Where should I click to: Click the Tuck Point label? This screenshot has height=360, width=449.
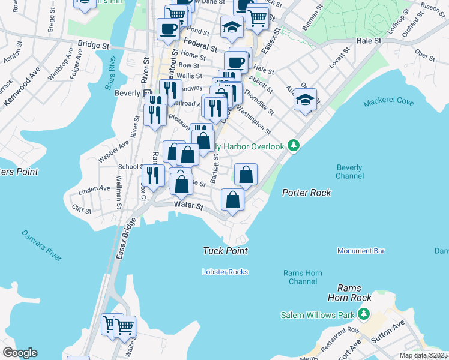(x=226, y=251)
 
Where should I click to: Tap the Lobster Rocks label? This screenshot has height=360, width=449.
(x=225, y=272)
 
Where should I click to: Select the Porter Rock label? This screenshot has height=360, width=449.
(x=307, y=193)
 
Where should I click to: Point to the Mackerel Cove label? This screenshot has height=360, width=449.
(x=388, y=103)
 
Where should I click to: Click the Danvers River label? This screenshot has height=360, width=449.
(x=41, y=245)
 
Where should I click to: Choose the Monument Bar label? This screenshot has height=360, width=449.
(x=361, y=251)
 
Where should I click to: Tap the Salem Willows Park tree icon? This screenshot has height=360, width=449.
(x=363, y=314)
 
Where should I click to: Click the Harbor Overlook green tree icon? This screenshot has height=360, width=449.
(x=294, y=146)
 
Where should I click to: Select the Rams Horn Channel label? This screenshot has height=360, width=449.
(x=303, y=277)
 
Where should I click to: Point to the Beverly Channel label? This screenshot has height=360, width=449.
(x=349, y=172)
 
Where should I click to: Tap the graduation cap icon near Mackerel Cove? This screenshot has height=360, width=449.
(x=305, y=100)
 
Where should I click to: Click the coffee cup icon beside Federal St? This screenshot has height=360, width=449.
(x=169, y=28)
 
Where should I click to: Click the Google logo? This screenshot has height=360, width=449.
(x=20, y=353)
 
